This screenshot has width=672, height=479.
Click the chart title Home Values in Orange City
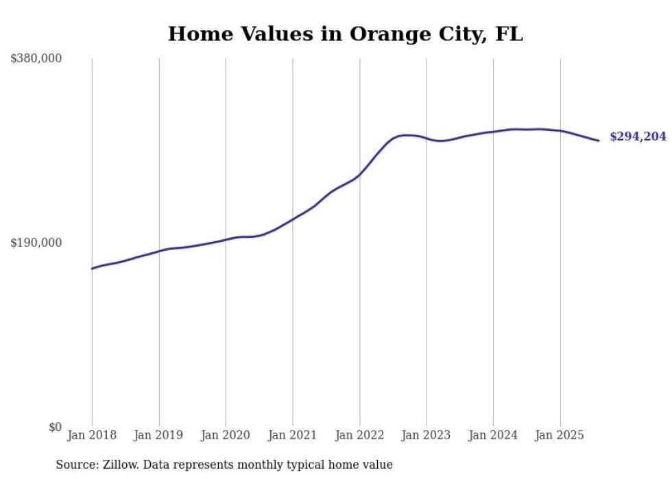click(345, 34)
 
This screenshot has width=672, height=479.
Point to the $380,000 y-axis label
click(36, 59)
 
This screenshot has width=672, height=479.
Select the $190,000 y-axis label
click(36, 243)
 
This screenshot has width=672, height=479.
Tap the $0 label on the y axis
click(55, 427)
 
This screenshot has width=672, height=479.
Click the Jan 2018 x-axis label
click(92, 435)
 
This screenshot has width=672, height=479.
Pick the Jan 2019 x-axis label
click(159, 435)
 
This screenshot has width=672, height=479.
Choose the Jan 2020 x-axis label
click(226, 435)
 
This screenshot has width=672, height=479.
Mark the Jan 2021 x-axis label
click(293, 435)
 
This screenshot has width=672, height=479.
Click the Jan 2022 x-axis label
click(359, 435)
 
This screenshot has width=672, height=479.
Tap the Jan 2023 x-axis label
click(427, 435)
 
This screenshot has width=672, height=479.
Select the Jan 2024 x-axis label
click(493, 435)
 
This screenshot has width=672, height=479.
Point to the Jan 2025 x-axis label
click(560, 435)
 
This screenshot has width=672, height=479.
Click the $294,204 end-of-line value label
click(638, 137)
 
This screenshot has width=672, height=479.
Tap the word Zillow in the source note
click(117, 465)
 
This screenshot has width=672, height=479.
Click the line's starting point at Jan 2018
click(92, 269)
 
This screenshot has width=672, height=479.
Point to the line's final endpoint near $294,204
click(599, 140)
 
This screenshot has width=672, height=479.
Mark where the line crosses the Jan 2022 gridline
click(359, 175)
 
